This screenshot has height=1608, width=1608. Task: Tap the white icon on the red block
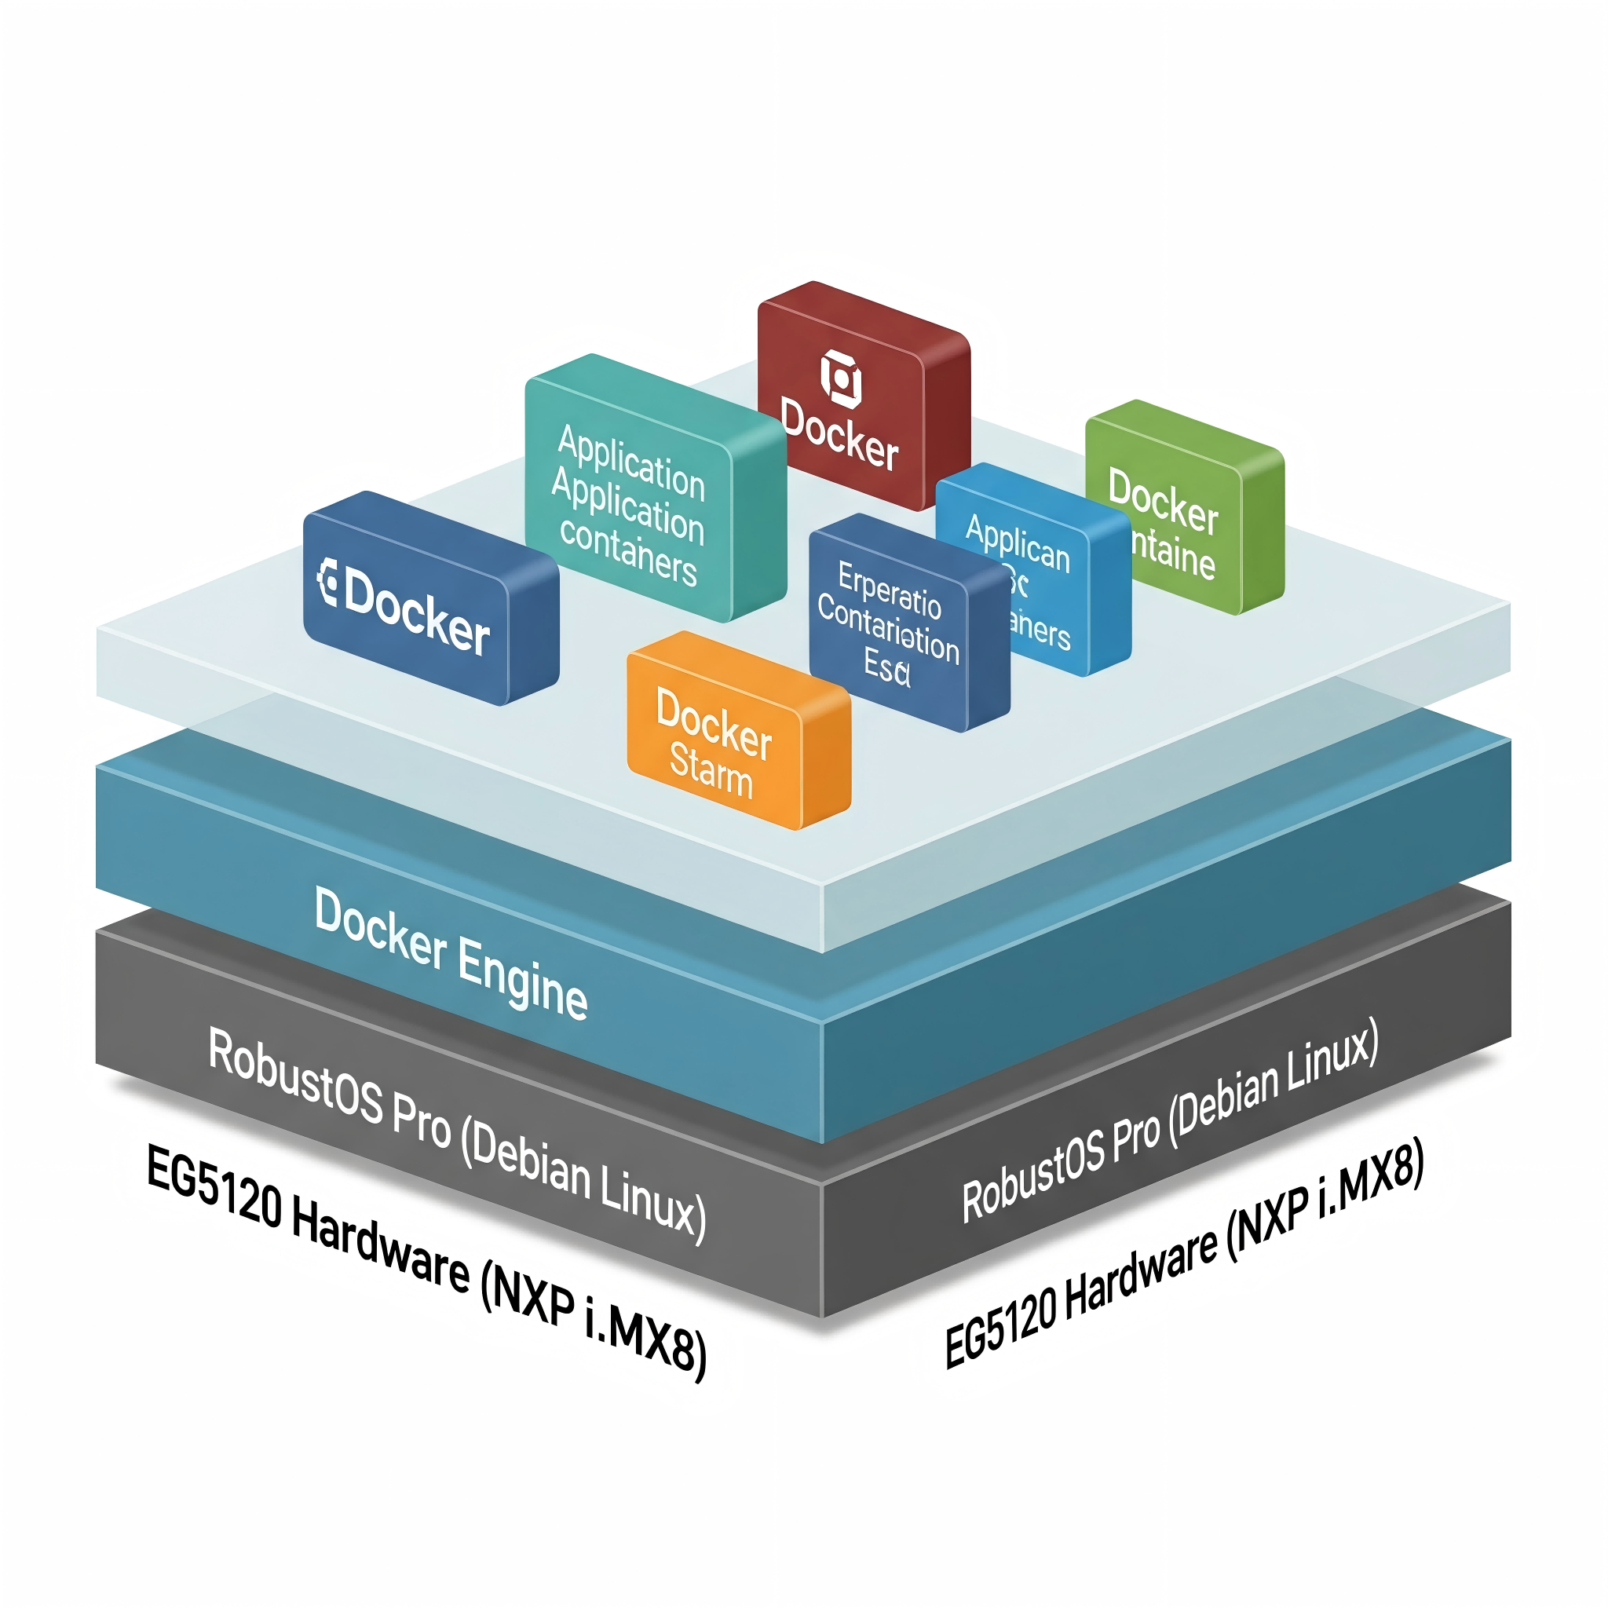click(x=841, y=379)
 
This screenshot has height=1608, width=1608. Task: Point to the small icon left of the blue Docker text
click(x=328, y=583)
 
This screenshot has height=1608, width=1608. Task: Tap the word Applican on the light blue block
click(x=1017, y=543)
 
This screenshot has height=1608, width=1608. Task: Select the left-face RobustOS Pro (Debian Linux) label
click(x=457, y=1135)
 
